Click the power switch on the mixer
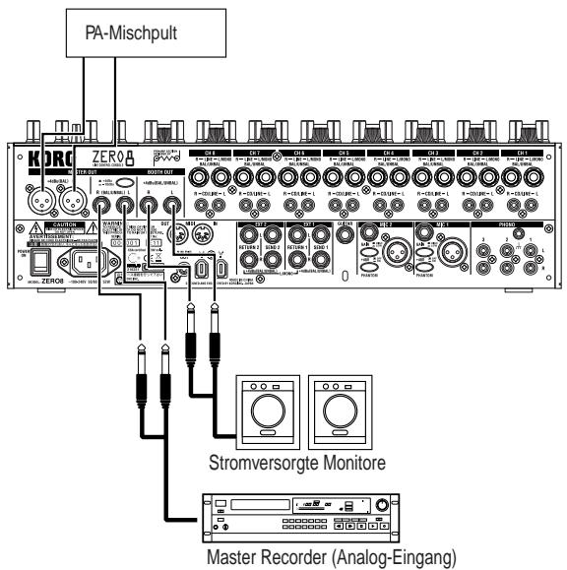pyautogui.click(x=38, y=260)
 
